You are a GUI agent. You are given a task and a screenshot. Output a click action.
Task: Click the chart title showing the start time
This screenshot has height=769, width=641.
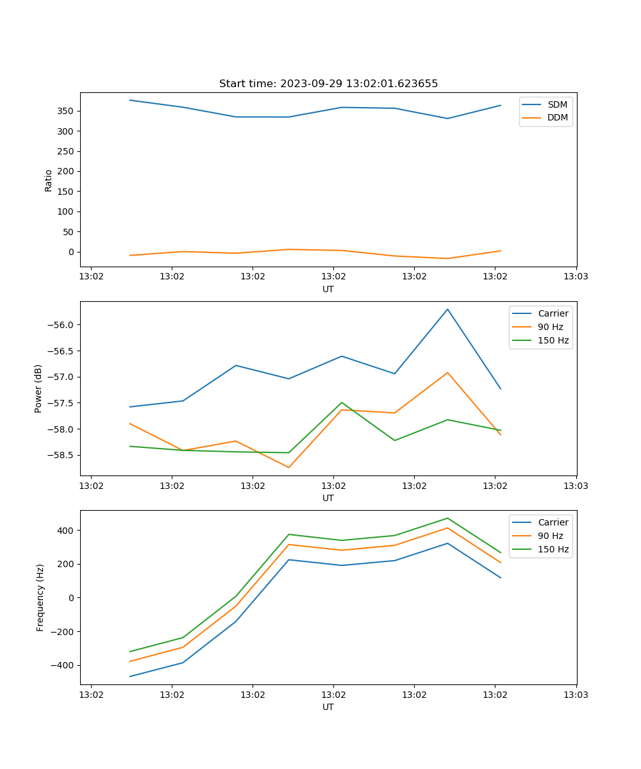pyautogui.click(x=328, y=84)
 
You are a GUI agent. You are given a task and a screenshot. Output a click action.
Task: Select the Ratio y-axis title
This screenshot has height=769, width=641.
pyautogui.click(x=49, y=180)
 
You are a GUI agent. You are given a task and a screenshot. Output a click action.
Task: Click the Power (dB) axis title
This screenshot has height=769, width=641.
pyautogui.click(x=38, y=388)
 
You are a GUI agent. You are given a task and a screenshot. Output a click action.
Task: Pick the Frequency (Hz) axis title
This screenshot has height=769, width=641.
pyautogui.click(x=40, y=597)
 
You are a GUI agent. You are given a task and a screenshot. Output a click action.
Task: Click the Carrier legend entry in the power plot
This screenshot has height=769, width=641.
pyautogui.click(x=553, y=313)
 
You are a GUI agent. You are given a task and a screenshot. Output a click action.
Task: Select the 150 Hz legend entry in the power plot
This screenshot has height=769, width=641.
pyautogui.click(x=553, y=340)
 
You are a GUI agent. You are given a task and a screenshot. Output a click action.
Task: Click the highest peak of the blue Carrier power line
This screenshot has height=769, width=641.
pyautogui.click(x=447, y=310)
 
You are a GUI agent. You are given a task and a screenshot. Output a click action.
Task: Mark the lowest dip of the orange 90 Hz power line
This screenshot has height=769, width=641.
pyautogui.click(x=288, y=467)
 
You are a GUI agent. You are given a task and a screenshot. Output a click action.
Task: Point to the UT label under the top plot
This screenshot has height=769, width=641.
pyautogui.click(x=328, y=289)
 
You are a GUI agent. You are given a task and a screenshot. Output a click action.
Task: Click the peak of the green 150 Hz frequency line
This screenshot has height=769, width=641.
pyautogui.click(x=447, y=518)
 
